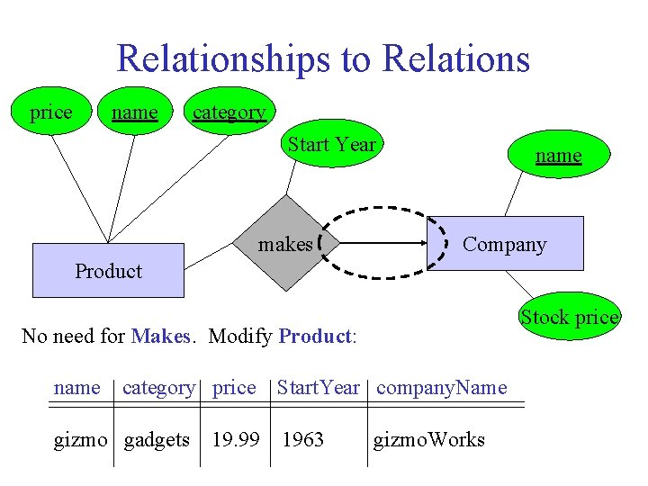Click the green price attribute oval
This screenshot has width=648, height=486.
pos(51,113)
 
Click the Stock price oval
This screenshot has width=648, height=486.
pos(570,317)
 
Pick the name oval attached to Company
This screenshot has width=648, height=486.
pos(558,156)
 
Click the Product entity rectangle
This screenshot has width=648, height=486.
pos(108,270)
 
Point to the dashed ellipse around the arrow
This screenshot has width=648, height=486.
pos(385,216)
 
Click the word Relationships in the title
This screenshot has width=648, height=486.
pos(224,59)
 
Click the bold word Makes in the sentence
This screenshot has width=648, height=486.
pos(160,337)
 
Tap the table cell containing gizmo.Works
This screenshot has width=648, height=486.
pos(430,439)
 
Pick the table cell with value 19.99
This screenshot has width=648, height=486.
pos(236,439)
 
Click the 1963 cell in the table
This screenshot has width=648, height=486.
pos(303,439)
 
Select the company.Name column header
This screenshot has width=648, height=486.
pos(441,388)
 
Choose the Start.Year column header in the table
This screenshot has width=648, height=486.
pos(318,388)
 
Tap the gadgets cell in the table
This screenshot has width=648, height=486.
pos(157,439)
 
